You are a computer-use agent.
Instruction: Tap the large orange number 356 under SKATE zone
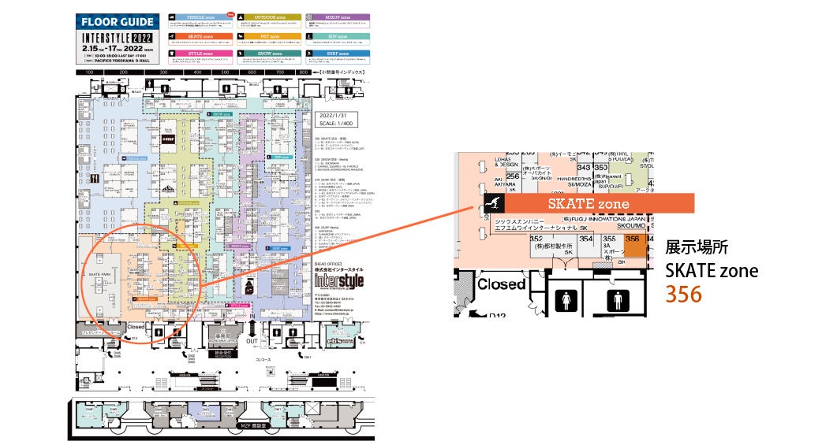tap(684, 295)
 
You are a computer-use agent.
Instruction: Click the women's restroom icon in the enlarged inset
tap(566, 300)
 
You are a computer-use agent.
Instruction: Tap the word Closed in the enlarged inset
tap(501, 284)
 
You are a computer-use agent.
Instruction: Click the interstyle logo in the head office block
tap(339, 280)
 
